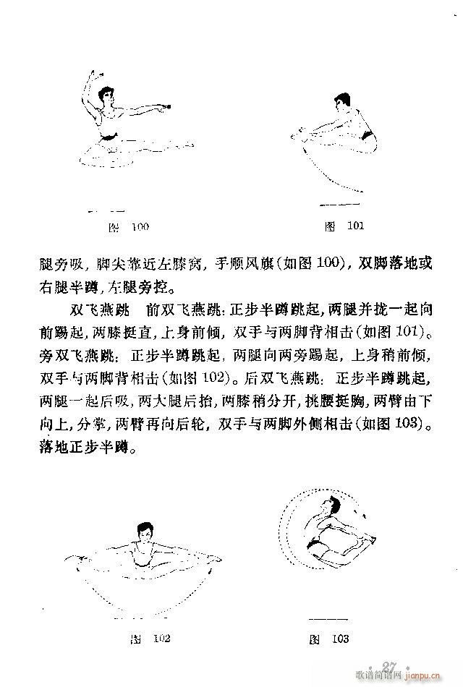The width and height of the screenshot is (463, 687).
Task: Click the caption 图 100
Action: [x=128, y=227]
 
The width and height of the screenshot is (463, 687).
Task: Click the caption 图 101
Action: [x=344, y=226]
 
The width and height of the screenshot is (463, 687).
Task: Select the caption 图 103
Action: [x=329, y=639]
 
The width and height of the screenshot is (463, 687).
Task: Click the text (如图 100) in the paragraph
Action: [x=302, y=265]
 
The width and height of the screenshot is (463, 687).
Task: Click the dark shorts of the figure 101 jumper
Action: [x=365, y=135]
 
